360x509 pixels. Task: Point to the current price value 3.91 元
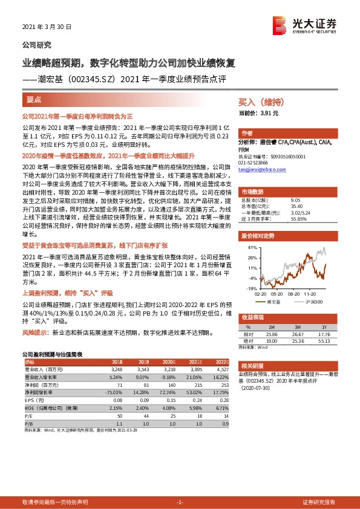point(269,113)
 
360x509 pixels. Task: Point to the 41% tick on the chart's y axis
point(253,248)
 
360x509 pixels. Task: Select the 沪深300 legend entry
point(314,301)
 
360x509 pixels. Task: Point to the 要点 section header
point(34,99)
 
